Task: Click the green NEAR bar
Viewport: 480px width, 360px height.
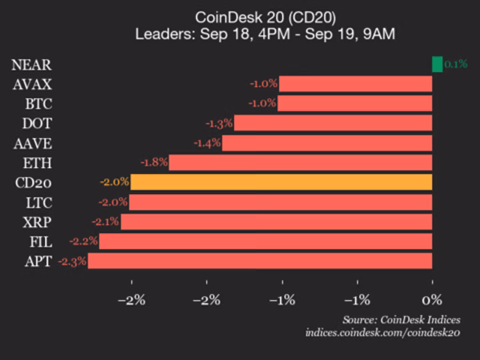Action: tap(437, 64)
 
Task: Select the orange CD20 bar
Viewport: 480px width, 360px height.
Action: tap(281, 182)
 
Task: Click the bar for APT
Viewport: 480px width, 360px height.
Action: tap(260, 261)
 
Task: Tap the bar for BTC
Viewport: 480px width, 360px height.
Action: tap(355, 103)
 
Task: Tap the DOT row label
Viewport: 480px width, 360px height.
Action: tap(37, 124)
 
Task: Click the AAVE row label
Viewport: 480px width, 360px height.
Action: tap(33, 144)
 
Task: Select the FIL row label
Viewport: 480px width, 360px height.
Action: tap(41, 242)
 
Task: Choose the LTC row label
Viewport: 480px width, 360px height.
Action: tap(39, 203)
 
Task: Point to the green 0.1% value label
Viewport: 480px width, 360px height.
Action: tap(456, 64)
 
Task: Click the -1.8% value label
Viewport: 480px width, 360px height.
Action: tap(154, 162)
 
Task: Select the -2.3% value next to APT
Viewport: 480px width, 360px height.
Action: tap(72, 261)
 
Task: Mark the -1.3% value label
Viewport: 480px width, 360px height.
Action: tap(219, 124)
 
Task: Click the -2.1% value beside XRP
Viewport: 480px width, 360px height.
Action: tap(105, 222)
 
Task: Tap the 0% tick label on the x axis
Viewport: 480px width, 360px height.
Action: tap(432, 300)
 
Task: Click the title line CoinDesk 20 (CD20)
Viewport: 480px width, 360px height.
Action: tap(265, 18)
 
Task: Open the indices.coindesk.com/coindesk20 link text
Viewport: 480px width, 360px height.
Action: tap(383, 333)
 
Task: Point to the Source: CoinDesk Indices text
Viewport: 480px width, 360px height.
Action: tap(401, 320)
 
